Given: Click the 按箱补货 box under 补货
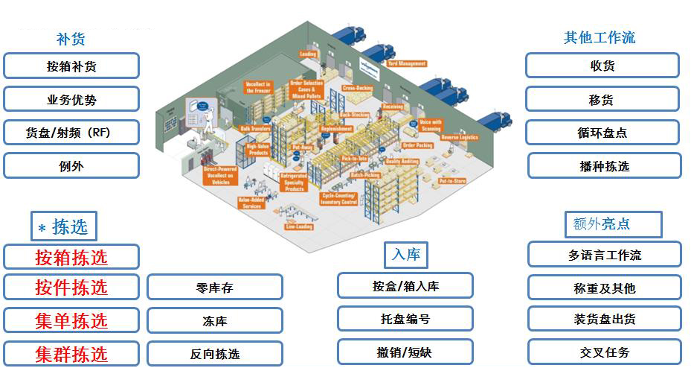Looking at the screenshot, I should click(x=71, y=66).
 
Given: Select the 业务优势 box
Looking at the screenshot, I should click(x=71, y=99).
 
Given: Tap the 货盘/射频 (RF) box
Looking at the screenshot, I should click(x=71, y=133).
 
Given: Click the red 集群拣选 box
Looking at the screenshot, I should click(x=71, y=354).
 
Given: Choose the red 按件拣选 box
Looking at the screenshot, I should click(x=71, y=287).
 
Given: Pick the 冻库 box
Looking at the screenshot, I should click(x=215, y=321).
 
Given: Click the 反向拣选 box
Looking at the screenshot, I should click(x=215, y=354).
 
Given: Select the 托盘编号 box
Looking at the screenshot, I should click(x=405, y=319).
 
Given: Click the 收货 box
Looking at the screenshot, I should click(x=602, y=66).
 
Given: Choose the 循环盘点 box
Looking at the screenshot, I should click(x=602, y=133).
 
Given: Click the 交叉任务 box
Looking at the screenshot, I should click(x=604, y=352).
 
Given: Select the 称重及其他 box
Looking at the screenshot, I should click(x=604, y=288).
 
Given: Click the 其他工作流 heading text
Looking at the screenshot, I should click(x=600, y=37).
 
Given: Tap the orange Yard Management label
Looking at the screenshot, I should click(x=407, y=64).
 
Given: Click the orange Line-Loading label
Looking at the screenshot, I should click(x=298, y=226).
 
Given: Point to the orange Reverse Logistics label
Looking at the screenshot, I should click(x=459, y=137).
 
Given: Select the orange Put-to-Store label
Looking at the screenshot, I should click(x=452, y=181).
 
